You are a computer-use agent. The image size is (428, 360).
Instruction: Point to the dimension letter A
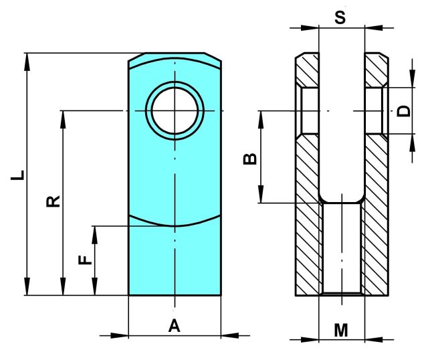(174, 326)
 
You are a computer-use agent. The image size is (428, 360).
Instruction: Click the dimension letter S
(340, 17)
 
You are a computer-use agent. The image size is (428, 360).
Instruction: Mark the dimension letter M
(341, 330)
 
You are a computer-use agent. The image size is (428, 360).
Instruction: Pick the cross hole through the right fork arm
(374, 110)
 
